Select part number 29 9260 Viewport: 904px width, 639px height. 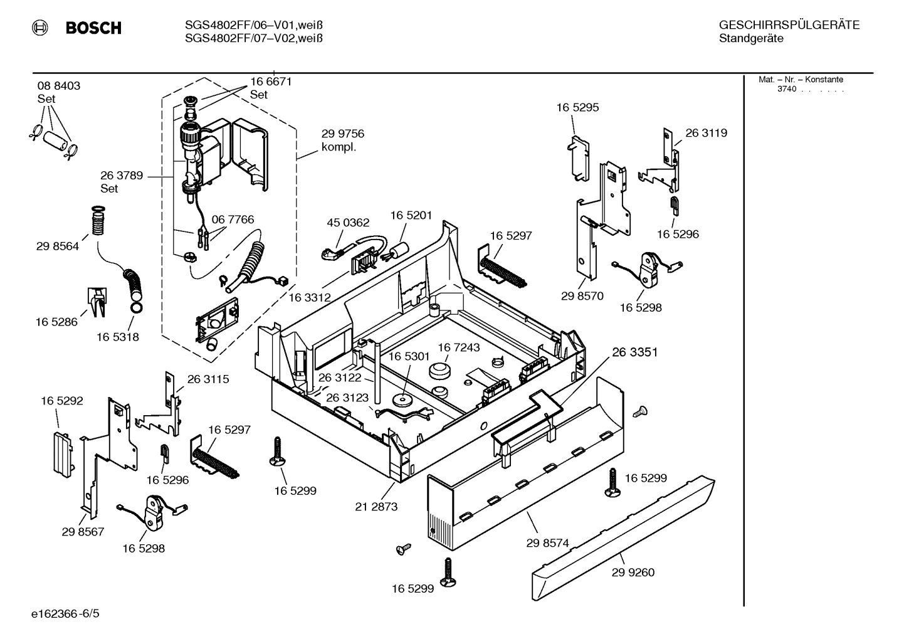(x=633, y=572)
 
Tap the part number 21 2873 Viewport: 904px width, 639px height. (x=376, y=506)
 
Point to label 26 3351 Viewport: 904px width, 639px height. (x=634, y=352)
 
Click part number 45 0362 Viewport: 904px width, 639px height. (x=348, y=223)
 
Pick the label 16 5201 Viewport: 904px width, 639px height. (x=411, y=216)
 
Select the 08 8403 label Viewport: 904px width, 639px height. (x=59, y=86)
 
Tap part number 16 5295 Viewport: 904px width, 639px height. (x=577, y=107)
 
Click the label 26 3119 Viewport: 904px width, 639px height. (x=706, y=133)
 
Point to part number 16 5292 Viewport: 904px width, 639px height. (x=62, y=401)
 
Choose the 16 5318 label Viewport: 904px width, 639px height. (x=117, y=337)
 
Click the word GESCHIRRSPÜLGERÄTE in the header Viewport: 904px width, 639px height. (x=789, y=25)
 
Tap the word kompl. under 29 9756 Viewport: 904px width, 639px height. (x=339, y=147)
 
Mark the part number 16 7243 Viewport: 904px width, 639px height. (x=458, y=347)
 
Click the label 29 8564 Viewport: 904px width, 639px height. (x=58, y=246)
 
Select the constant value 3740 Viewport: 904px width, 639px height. (x=786, y=89)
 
